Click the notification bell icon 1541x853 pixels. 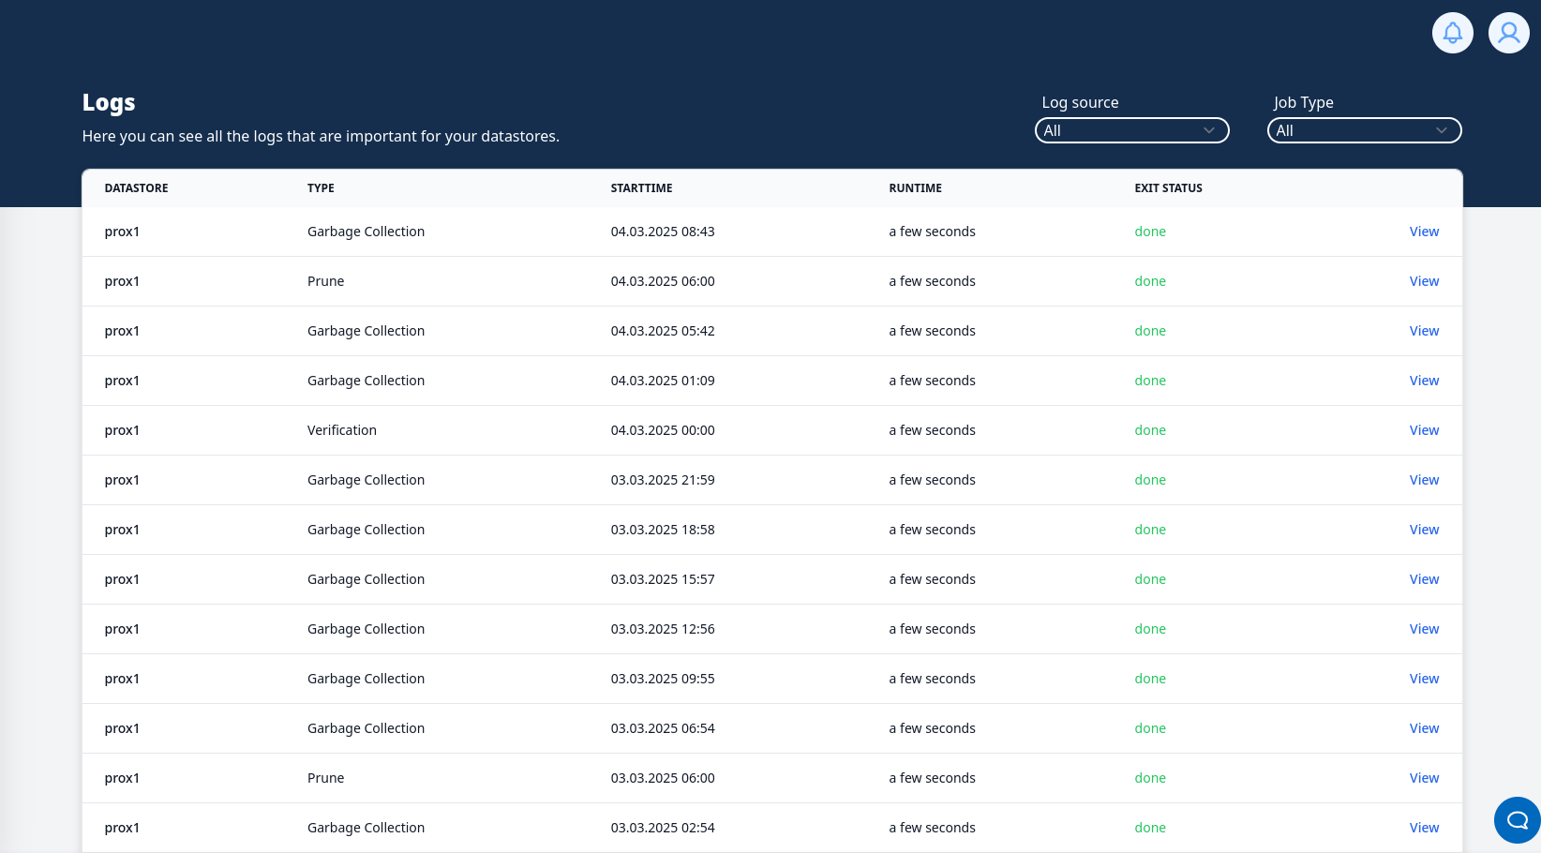[x=1452, y=33]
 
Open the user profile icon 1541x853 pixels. [x=1508, y=33]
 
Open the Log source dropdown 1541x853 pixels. [x=1131, y=130]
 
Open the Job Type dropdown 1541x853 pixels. [x=1364, y=130]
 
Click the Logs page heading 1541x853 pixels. [x=109, y=102]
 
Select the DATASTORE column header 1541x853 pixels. [x=137, y=188]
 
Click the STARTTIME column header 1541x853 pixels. [x=641, y=188]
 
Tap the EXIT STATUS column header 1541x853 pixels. [x=1168, y=188]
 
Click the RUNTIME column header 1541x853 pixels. [x=915, y=188]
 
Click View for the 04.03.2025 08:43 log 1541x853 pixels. [x=1424, y=232]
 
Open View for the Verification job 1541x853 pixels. [x=1424, y=430]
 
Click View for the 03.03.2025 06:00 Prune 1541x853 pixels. [x=1424, y=778]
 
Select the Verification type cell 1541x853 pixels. [x=342, y=430]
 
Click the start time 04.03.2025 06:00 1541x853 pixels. [x=663, y=281]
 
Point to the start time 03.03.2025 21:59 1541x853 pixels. [x=663, y=480]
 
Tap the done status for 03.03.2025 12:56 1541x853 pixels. [x=1150, y=629]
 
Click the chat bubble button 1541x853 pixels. [x=1517, y=820]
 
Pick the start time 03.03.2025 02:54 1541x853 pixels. [x=663, y=828]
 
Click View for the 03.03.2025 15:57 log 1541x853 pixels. [x=1424, y=579]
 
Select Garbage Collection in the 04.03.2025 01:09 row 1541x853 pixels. [x=366, y=381]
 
